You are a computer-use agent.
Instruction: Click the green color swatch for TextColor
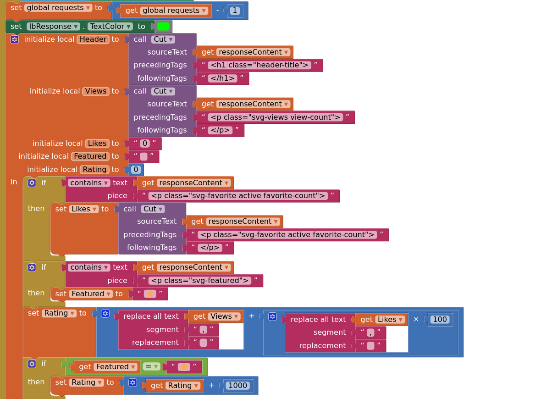(x=163, y=27)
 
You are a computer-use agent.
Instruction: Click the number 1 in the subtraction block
(x=235, y=11)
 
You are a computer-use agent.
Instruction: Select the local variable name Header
(x=93, y=39)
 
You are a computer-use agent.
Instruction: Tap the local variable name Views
(x=96, y=91)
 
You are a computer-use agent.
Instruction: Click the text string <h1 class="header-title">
(x=259, y=65)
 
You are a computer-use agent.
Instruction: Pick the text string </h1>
(x=222, y=78)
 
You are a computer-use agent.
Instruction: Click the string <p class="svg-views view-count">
(x=275, y=117)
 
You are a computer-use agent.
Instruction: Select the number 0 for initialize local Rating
(x=136, y=170)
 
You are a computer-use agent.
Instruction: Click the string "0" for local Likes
(x=145, y=144)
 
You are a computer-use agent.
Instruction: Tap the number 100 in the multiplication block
(x=440, y=320)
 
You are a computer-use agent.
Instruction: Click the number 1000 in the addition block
(x=237, y=386)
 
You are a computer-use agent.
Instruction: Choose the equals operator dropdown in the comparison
(x=151, y=367)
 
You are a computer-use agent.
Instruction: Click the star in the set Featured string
(x=150, y=294)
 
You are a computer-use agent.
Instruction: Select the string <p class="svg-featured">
(x=199, y=281)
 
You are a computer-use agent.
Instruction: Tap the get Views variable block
(x=215, y=316)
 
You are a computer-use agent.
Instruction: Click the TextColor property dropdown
(x=110, y=27)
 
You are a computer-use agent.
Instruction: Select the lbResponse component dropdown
(x=53, y=27)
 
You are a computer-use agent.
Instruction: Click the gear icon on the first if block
(x=32, y=183)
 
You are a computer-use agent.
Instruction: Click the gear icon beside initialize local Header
(x=15, y=39)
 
